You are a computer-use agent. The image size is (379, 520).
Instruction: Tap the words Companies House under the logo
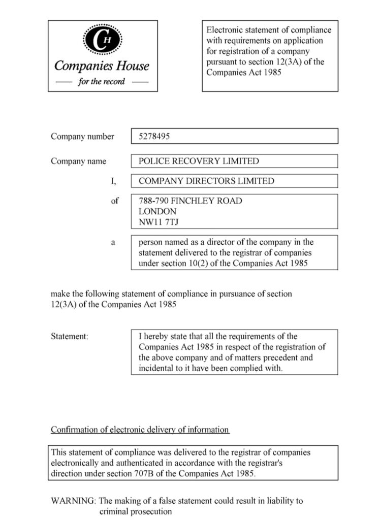point(102,66)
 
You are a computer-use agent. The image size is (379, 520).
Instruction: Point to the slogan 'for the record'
point(102,82)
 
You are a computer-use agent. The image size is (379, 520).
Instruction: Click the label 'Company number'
point(82,136)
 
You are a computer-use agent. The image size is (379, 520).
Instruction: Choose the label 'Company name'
point(78,161)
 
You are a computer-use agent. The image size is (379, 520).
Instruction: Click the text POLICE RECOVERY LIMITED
point(199,161)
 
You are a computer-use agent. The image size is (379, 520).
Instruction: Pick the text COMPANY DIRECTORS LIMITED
point(206,181)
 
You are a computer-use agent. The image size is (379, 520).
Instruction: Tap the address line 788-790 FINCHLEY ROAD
point(190,201)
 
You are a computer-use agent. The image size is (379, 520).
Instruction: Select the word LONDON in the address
point(157,211)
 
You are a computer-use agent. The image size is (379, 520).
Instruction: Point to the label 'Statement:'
point(70,336)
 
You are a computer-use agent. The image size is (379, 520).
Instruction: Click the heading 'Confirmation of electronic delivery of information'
point(140,430)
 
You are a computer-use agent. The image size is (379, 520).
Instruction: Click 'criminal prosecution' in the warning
point(136,511)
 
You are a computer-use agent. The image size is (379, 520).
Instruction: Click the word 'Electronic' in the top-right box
point(225,30)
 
